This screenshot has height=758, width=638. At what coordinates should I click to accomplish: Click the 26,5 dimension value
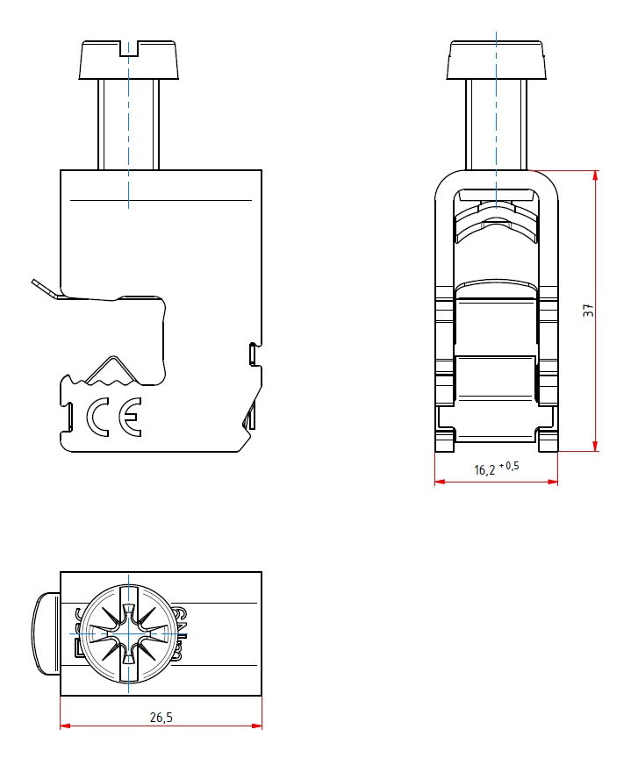pyautogui.click(x=161, y=718)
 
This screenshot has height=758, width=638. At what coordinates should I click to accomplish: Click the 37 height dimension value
pyautogui.click(x=588, y=311)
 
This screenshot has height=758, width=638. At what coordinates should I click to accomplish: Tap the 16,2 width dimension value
pyautogui.click(x=484, y=470)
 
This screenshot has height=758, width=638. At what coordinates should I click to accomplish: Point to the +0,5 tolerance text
pyautogui.click(x=509, y=466)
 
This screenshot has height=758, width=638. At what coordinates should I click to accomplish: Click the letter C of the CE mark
pyautogui.click(x=97, y=417)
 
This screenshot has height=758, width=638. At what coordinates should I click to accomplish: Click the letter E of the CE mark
pyautogui.click(x=131, y=417)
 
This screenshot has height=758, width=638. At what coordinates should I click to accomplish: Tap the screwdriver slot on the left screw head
pyautogui.click(x=129, y=49)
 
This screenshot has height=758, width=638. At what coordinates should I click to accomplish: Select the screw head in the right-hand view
pyautogui.click(x=496, y=60)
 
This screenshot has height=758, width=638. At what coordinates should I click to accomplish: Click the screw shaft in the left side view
pyautogui.click(x=129, y=125)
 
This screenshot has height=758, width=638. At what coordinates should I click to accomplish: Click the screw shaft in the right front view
pyautogui.click(x=497, y=125)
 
